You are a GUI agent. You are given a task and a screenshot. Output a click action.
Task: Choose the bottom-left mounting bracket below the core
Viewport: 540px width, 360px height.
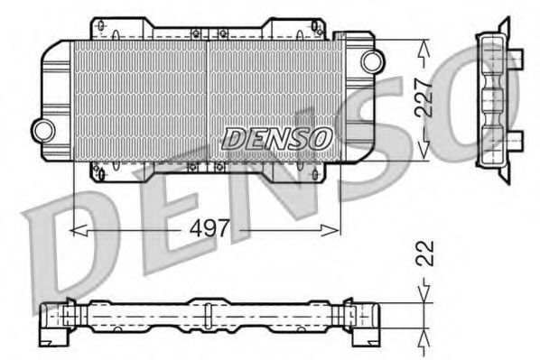tap(100, 169)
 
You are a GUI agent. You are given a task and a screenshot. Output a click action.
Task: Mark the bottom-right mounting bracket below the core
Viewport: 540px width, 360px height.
tap(312, 169)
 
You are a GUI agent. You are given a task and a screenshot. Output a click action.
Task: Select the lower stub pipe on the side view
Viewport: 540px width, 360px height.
tap(515, 139)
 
